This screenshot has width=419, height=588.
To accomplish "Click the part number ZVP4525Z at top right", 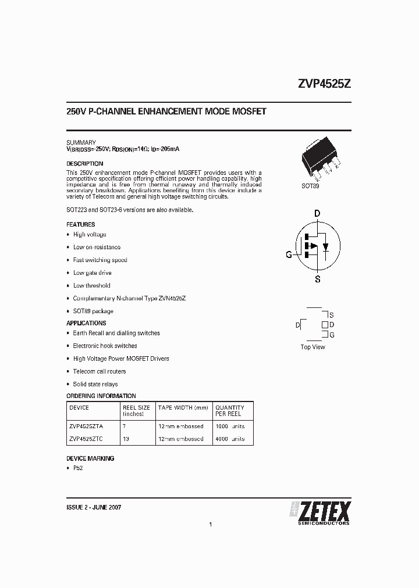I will pyautogui.click(x=324, y=84).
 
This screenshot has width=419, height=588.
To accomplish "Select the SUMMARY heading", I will pyautogui.click(x=81, y=142).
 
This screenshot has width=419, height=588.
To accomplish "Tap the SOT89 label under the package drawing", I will pyautogui.click(x=310, y=187).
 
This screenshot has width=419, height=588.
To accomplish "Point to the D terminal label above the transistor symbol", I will pyautogui.click(x=317, y=214).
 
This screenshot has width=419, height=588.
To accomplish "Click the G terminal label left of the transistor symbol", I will pyautogui.click(x=289, y=254).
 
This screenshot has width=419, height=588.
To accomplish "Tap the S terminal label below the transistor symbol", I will pyautogui.click(x=317, y=279).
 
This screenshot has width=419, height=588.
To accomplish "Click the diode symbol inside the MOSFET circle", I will pyautogui.click(x=326, y=246).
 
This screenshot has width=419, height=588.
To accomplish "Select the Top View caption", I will pyautogui.click(x=313, y=347).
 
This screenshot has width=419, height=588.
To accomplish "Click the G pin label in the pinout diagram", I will pyautogui.click(x=332, y=335).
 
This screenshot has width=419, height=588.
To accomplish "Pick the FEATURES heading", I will pyautogui.click(x=81, y=224).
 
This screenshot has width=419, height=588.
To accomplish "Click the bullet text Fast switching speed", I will pyautogui.click(x=100, y=260).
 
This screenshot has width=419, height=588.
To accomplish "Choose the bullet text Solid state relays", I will pyautogui.click(x=95, y=384).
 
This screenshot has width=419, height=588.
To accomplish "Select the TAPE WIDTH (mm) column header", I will pyautogui.click(x=183, y=408).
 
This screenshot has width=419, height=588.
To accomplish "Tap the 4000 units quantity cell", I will pyautogui.click(x=230, y=439).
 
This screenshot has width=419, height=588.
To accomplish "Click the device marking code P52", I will pyautogui.click(x=78, y=469).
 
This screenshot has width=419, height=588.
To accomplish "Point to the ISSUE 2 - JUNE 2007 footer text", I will pyautogui.click(x=94, y=507).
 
